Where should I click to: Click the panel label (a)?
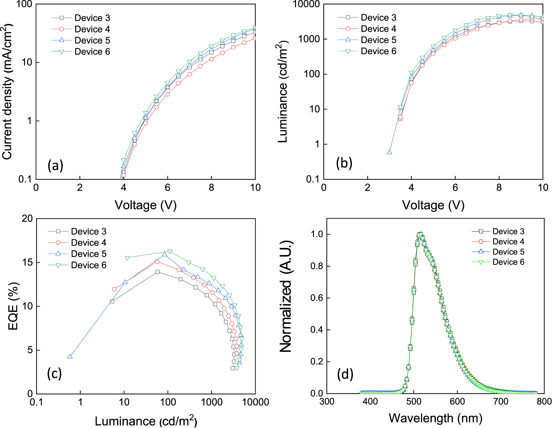[x=55, y=166]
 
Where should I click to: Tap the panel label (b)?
[x=344, y=163]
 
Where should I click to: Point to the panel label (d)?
[x=345, y=375]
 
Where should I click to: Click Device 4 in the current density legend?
[x=92, y=29]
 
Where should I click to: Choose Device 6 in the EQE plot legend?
[x=89, y=265]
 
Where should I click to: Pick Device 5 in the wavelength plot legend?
[x=508, y=252]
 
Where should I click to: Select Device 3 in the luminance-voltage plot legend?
[x=379, y=18]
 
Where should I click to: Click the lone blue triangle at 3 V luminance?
[x=389, y=152]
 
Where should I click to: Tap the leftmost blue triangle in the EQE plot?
[x=70, y=356]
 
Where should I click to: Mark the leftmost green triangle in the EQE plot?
[x=127, y=258]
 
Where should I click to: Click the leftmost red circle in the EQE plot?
[x=114, y=289]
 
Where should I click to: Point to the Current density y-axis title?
[x=8, y=92]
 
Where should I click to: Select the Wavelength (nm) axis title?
[x=436, y=418]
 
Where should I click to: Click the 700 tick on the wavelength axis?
[x=501, y=402]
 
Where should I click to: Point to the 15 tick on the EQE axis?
[x=28, y=262]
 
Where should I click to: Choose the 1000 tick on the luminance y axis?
[x=309, y=39]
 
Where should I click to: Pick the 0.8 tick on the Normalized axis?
[x=317, y=266]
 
